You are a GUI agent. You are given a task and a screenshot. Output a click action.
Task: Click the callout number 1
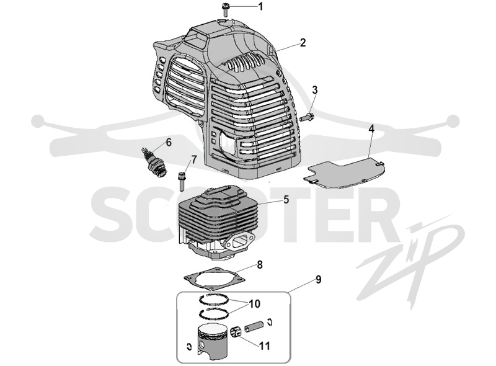(x=260, y=6)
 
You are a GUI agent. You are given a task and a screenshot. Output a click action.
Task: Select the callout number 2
(x=303, y=42)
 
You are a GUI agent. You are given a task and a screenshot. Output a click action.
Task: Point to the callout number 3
(x=314, y=90)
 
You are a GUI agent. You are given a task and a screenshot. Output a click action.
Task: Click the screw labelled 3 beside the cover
(x=307, y=117)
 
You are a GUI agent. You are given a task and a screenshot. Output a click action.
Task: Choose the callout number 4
(x=371, y=129)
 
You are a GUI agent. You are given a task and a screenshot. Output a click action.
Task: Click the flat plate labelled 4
(x=345, y=175)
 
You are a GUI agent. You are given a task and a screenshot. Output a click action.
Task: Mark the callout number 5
(x=286, y=200)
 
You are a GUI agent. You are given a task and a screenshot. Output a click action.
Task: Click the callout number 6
(x=169, y=143)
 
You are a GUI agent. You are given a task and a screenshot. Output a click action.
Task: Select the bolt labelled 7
(x=182, y=181)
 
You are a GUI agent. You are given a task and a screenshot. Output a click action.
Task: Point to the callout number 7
(x=193, y=159)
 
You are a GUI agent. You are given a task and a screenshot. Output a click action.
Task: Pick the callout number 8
(x=260, y=264)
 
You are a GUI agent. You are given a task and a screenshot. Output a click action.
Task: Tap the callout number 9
(x=318, y=280)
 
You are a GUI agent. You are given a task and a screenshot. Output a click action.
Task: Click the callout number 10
(x=254, y=304)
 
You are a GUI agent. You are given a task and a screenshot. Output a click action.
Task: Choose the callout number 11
(x=265, y=346)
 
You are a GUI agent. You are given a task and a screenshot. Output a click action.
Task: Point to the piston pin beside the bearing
(x=254, y=327)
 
